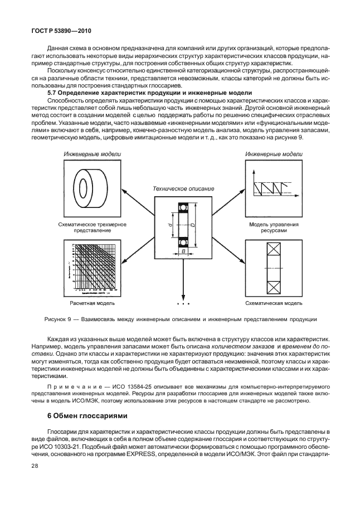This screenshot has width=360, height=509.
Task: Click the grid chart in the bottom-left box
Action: [x=91, y=268]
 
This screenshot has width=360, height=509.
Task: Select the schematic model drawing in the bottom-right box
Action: [x=273, y=268]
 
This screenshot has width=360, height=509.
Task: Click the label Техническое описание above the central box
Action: [x=183, y=188]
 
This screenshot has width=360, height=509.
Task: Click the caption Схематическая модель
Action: [x=274, y=304]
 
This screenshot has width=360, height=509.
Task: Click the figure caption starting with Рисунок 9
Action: [x=181, y=319]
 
